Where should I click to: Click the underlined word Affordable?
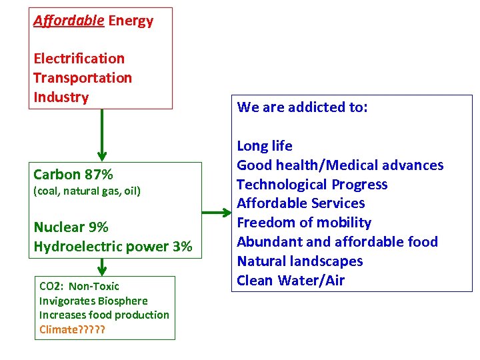(69, 21)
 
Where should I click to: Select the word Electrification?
(79, 59)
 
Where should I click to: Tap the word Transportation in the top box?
(83, 78)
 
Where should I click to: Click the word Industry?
(61, 97)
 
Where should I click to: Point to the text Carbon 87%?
(73, 175)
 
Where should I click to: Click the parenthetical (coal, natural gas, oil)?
(87, 191)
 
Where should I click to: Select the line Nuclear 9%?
(71, 227)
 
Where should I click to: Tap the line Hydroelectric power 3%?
(113, 247)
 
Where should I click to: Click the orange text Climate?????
(72, 329)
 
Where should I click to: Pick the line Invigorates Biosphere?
(93, 301)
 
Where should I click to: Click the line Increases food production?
(104, 315)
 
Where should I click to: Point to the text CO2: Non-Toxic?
(79, 286)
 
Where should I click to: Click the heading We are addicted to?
(302, 107)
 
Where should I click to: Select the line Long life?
(265, 146)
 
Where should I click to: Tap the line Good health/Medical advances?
(340, 165)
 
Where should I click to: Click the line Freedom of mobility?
(304, 223)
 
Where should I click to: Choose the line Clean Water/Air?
(291, 281)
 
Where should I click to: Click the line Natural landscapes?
(300, 261)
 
